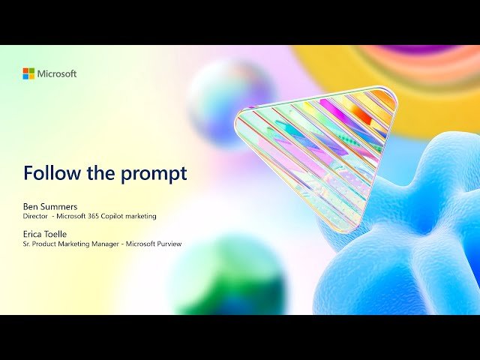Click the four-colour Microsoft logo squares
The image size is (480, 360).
(28, 73)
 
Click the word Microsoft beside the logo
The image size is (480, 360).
(57, 73)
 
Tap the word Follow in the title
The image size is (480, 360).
(52, 173)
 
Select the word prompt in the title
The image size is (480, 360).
(154, 175)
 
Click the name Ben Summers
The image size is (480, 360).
(50, 207)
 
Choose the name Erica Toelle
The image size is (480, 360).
(45, 234)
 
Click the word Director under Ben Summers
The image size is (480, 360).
(35, 216)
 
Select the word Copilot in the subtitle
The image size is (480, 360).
(112, 217)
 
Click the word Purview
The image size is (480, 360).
(169, 244)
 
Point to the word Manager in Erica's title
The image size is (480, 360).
(106, 244)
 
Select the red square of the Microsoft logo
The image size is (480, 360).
(25, 70)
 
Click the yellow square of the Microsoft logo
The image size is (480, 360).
(31, 76)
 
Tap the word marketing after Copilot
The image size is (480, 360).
(141, 217)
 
